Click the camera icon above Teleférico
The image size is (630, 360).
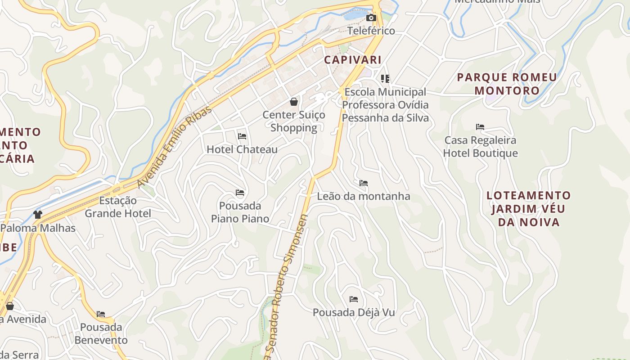pyautogui.click(x=371, y=18)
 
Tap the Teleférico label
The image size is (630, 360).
pyautogui.click(x=371, y=31)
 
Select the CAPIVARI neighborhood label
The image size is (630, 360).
pyautogui.click(x=353, y=60)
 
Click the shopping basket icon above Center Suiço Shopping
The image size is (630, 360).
pyautogui.click(x=294, y=102)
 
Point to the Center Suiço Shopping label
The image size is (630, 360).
pyautogui.click(x=294, y=121)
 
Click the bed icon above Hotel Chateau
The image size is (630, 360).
pyautogui.click(x=242, y=136)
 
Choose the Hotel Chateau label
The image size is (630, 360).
pyautogui.click(x=242, y=149)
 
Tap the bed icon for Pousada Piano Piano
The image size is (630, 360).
pyautogui.click(x=240, y=193)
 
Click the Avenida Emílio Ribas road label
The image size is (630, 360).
pyautogui.click(x=175, y=147)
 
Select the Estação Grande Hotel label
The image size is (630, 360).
pyautogui.click(x=118, y=207)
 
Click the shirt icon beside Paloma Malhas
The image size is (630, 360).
pyautogui.click(x=38, y=215)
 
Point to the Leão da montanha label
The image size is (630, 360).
pyautogui.click(x=364, y=196)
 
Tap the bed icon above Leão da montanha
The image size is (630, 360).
pyautogui.click(x=364, y=183)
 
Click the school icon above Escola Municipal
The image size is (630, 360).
pyautogui.click(x=385, y=79)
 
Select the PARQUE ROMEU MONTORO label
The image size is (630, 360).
pyautogui.click(x=507, y=84)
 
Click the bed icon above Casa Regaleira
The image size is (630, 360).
pyautogui.click(x=480, y=127)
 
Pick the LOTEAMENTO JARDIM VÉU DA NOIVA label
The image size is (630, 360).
pyautogui.click(x=529, y=209)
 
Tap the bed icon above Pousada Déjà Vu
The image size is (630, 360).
pyautogui.click(x=354, y=299)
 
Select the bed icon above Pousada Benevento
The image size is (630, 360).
pyautogui.click(x=101, y=314)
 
